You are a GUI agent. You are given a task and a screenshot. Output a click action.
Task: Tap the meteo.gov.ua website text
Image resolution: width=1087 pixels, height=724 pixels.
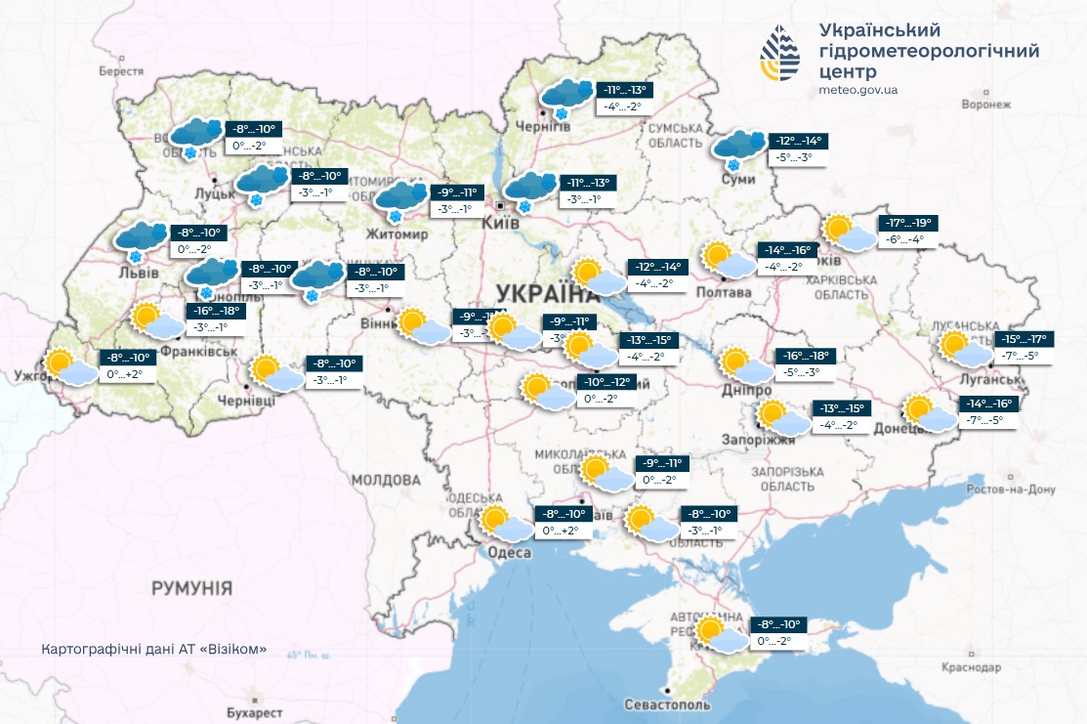pyautogui.click(x=859, y=90)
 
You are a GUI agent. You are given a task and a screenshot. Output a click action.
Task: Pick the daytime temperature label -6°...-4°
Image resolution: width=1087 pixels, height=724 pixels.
pyautogui.click(x=906, y=239)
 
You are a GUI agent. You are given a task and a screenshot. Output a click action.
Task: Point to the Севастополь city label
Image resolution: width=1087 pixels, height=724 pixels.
pyautogui.click(x=669, y=704)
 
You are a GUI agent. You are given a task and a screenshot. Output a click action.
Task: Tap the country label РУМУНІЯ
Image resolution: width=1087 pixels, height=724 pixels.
pyautogui.click(x=191, y=588)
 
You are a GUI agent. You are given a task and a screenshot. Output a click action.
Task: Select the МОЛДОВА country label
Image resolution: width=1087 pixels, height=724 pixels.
pyautogui.click(x=385, y=481)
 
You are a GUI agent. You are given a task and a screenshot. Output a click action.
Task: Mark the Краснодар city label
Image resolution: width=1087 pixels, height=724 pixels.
pyautogui.click(x=972, y=667)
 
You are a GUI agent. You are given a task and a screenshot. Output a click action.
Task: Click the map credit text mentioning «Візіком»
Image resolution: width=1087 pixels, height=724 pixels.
pyautogui.click(x=154, y=651)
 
